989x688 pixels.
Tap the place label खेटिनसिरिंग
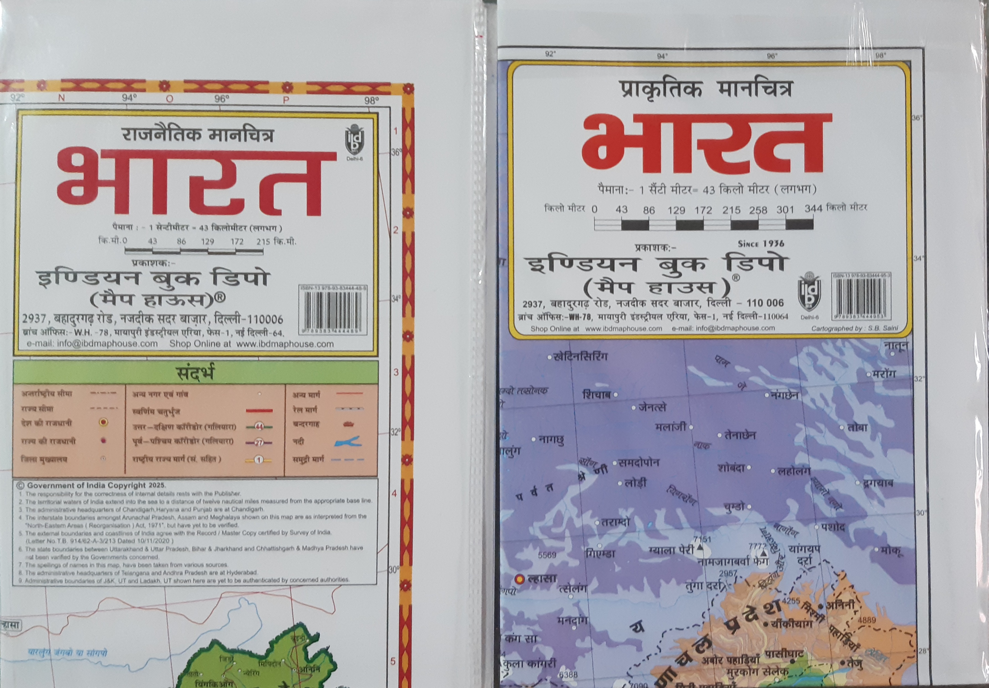[580, 357]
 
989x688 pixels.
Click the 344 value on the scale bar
[813, 209]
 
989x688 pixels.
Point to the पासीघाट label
[784, 654]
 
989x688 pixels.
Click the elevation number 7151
[702, 539]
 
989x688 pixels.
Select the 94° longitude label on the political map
[129, 98]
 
